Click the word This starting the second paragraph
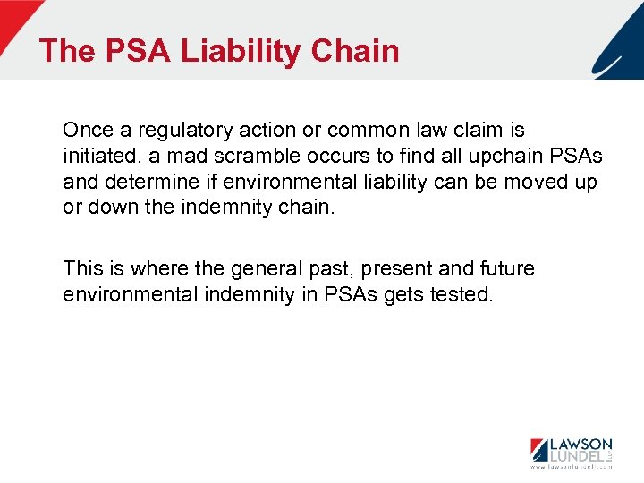[83, 268]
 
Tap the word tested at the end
[461, 294]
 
